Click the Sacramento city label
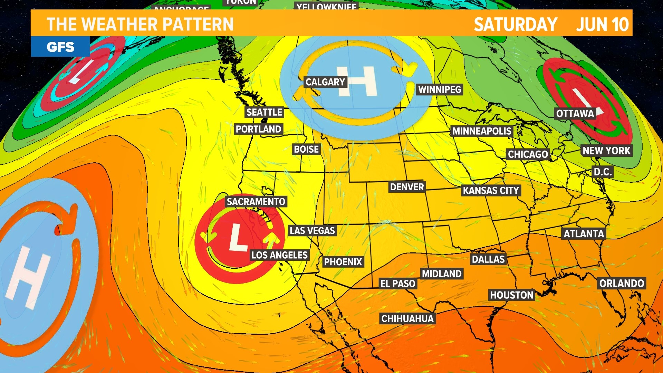click(x=256, y=202)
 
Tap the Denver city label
click(x=407, y=187)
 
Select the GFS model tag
click(x=60, y=47)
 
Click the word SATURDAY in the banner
click(x=516, y=25)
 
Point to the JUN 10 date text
click(x=603, y=25)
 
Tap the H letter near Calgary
click(x=357, y=82)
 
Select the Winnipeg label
click(x=440, y=90)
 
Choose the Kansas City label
click(x=491, y=191)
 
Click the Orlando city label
click(x=622, y=284)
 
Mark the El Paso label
click(x=398, y=284)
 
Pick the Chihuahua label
click(x=407, y=318)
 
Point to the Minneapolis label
click(x=482, y=131)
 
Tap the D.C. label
click(x=603, y=172)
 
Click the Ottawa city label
click(x=575, y=114)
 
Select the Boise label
click(x=306, y=150)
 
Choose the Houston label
click(x=512, y=295)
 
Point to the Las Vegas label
click(x=312, y=231)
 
